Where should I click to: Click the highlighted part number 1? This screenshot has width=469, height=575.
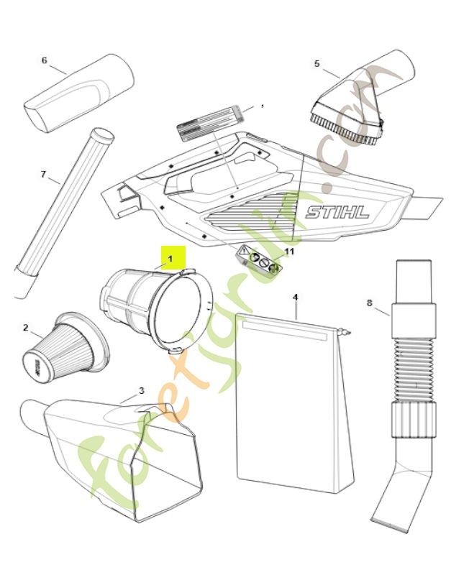pyautogui.click(x=170, y=257)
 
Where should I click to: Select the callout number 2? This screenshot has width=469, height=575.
pyautogui.click(x=26, y=328)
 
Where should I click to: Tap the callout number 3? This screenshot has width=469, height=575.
pyautogui.click(x=141, y=390)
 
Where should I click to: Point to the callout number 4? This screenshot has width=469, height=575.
pyautogui.click(x=295, y=297)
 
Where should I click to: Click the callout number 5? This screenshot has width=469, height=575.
pyautogui.click(x=317, y=64)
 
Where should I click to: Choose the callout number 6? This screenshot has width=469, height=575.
pyautogui.click(x=44, y=60)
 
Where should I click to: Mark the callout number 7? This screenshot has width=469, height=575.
pyautogui.click(x=43, y=174)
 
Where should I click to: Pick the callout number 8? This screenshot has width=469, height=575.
pyautogui.click(x=370, y=303)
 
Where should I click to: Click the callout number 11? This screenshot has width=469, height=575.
pyautogui.click(x=290, y=252)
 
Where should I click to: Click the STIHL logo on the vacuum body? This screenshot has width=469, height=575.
pyautogui.click(x=337, y=212)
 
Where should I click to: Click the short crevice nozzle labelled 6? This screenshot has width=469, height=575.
pyautogui.click(x=79, y=93)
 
